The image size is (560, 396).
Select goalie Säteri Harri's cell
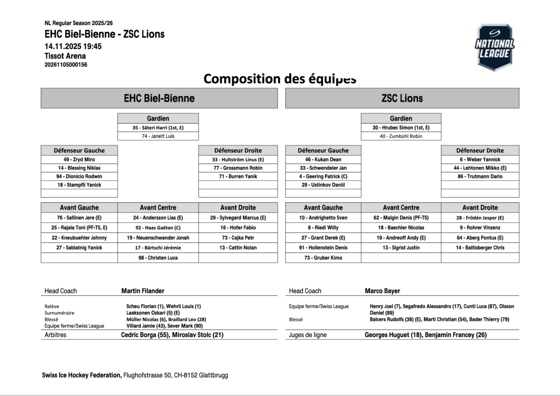tap(158, 127)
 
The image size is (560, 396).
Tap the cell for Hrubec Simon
tap(401, 127)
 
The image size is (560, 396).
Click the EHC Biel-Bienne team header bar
tap(159, 98)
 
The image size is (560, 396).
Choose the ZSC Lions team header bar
tap(402, 98)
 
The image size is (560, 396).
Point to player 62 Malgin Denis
tap(401, 218)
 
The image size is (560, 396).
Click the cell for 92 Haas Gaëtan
tap(158, 228)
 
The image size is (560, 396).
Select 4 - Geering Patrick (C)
tap(323, 176)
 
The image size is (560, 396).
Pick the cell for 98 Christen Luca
tap(158, 257)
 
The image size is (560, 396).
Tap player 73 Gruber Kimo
tap(323, 257)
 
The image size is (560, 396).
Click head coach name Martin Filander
tap(143, 291)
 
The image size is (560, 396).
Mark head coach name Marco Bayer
tap(382, 291)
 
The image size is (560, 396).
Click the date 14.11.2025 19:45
tap(73, 46)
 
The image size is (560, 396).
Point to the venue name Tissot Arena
tap(65, 56)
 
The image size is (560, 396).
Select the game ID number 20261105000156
tap(66, 65)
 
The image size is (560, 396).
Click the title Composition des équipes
tap(280, 78)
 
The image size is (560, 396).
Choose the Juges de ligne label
tap(308, 335)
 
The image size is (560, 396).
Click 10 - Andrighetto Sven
tap(323, 218)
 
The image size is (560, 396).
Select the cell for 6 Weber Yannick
tap(480, 160)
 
